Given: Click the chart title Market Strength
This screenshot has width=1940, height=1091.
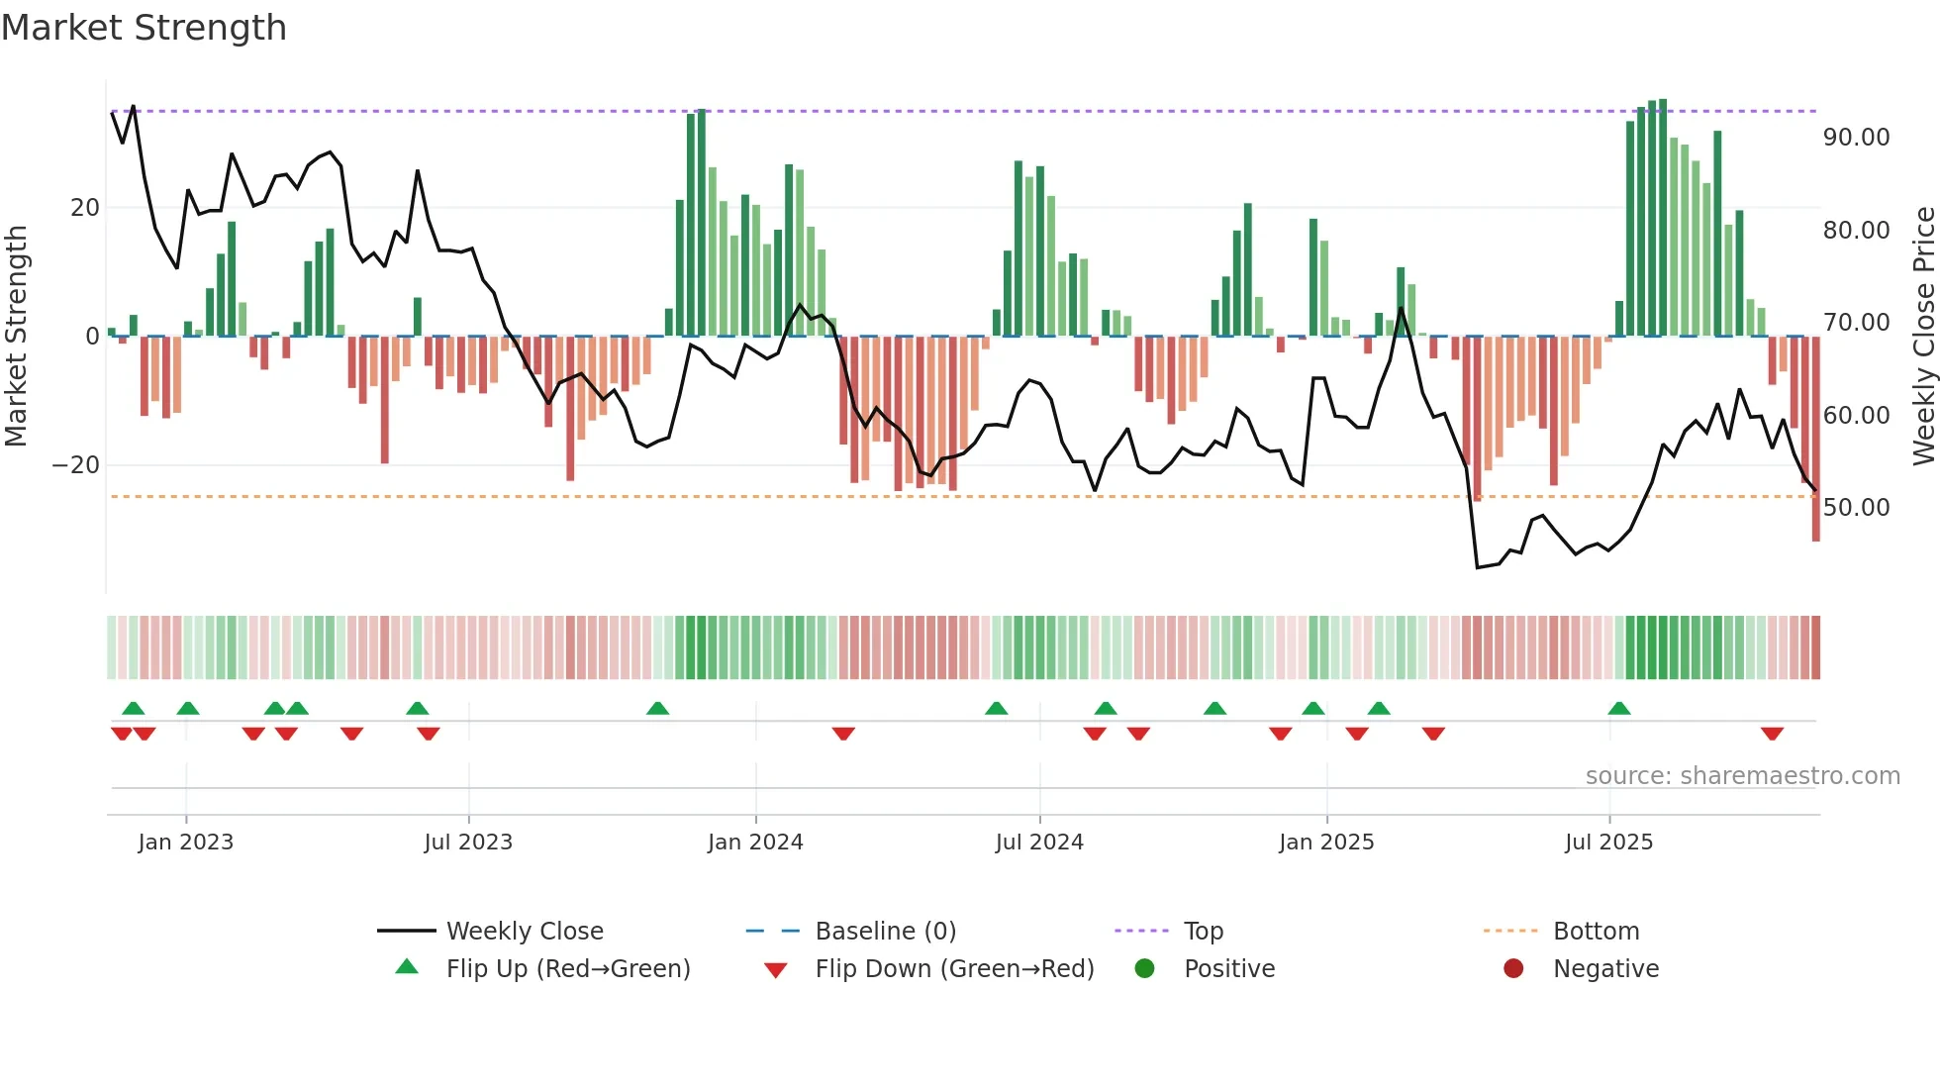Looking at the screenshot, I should click(144, 28).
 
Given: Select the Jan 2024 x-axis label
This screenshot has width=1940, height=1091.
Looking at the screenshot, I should click(755, 843).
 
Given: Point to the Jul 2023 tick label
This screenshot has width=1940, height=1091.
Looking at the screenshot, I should click(468, 843).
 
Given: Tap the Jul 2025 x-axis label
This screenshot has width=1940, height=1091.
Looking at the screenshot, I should click(1608, 843).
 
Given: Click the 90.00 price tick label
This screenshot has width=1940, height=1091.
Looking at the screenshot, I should click(1856, 138).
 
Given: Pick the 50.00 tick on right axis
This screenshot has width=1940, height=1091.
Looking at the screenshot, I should click(1856, 508).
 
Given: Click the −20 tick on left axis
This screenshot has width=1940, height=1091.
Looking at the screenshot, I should click(76, 465).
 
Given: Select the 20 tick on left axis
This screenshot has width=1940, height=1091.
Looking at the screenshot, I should click(85, 208).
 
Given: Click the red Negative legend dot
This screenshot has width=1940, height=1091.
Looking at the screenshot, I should click(1513, 968).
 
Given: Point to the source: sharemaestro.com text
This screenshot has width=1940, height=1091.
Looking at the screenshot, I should click(1742, 776).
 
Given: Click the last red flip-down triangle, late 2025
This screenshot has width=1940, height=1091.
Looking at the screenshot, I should click(1772, 734).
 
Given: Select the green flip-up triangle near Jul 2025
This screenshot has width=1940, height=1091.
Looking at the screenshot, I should click(1619, 708).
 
